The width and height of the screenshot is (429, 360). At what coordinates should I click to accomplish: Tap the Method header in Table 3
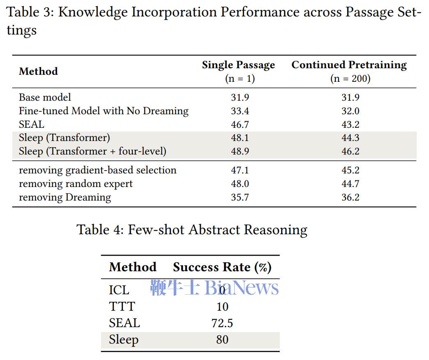pos(38,72)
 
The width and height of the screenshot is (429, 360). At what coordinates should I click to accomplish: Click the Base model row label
pos(45,97)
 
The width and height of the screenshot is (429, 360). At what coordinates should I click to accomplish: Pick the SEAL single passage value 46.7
pos(240,125)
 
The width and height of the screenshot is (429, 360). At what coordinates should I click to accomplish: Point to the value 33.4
pos(240,111)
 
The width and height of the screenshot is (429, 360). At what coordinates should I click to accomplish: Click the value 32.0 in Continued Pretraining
pos(351,111)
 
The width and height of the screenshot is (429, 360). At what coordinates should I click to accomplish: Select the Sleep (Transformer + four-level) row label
pos(92,151)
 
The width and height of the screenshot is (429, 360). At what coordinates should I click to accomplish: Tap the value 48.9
pos(240,151)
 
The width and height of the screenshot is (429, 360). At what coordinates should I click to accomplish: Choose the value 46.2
pos(351,151)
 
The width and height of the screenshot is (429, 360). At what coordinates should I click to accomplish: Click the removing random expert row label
pos(76,184)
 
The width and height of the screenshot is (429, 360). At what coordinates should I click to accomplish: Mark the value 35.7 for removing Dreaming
pos(240,197)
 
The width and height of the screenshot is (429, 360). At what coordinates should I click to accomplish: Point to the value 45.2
pos(351,170)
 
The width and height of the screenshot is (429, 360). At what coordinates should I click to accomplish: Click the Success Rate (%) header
pos(222,267)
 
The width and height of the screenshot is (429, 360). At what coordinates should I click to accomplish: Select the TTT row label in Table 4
pos(122,307)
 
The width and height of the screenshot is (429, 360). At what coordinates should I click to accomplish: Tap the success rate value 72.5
pos(222,323)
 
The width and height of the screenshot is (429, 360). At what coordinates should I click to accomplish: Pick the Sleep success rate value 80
pos(222,339)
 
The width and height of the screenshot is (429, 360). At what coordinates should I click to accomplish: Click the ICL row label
pos(119,290)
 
